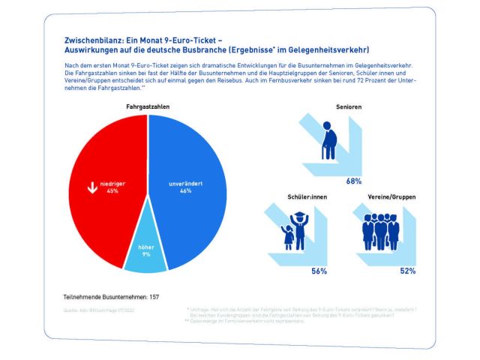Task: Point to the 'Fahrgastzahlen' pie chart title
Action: [x=147, y=107]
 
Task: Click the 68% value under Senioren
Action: [x=354, y=181]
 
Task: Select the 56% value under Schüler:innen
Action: [x=319, y=271]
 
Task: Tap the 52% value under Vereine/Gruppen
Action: [x=408, y=271]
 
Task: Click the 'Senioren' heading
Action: [x=349, y=107]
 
